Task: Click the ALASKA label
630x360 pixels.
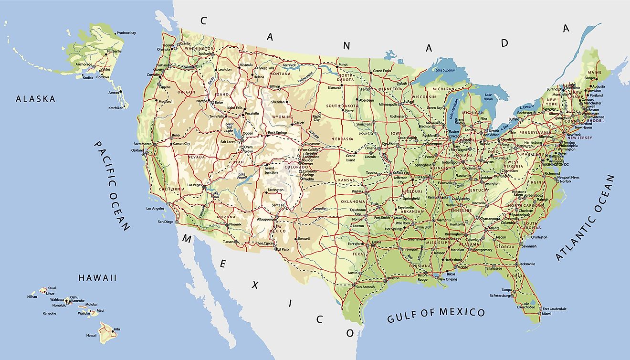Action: click(x=35, y=99)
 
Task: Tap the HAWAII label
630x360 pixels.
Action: click(x=98, y=277)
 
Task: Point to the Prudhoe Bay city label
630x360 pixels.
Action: click(x=126, y=33)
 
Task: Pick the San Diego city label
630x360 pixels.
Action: click(x=166, y=222)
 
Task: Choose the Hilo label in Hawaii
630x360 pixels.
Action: click(x=117, y=329)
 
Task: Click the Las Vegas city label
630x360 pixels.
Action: click(x=194, y=185)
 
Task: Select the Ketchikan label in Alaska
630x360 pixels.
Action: click(x=115, y=108)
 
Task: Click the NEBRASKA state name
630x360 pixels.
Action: click(x=343, y=139)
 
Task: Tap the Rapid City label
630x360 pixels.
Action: click(x=316, y=117)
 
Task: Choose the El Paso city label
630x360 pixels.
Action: click(x=283, y=249)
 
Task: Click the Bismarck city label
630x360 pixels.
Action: click(x=334, y=88)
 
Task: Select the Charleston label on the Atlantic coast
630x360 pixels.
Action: click(x=539, y=237)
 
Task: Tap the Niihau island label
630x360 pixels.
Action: click(x=32, y=296)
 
